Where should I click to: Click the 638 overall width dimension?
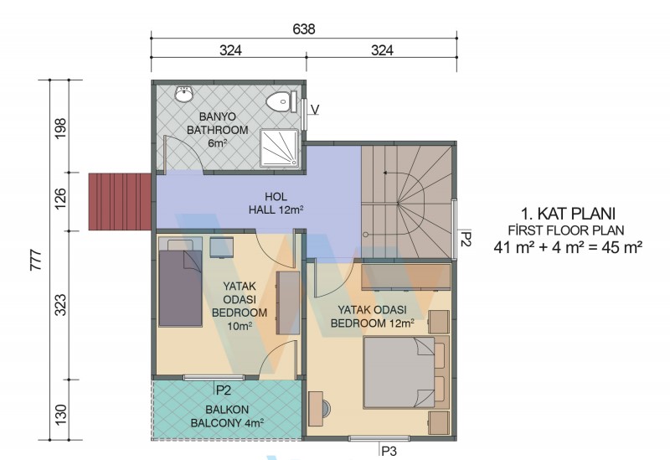point(304,29)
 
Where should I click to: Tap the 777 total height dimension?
point(36,260)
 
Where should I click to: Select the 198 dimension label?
point(60,128)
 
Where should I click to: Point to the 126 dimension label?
point(60,199)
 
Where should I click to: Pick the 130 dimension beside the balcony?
point(60,414)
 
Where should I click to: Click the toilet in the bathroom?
point(281,101)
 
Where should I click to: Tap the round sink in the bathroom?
point(184,94)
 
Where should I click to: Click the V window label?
point(315,110)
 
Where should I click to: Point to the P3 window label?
point(389,451)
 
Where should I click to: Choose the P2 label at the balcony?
point(224,390)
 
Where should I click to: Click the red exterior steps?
point(120,201)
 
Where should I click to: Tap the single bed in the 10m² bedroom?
point(180,282)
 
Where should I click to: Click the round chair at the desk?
point(326,409)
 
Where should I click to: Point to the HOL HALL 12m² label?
point(276,204)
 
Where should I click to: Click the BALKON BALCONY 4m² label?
point(227,416)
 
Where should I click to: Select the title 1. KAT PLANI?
point(568,214)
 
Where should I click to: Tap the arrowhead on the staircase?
point(385,173)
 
